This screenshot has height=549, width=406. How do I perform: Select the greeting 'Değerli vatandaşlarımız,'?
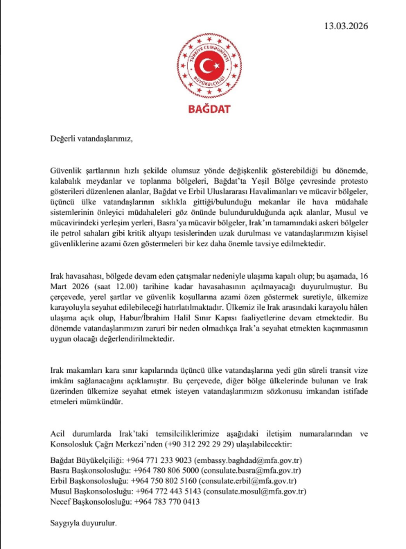click(x=91, y=137)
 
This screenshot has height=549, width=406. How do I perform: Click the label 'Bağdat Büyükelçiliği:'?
click(x=89, y=460)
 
